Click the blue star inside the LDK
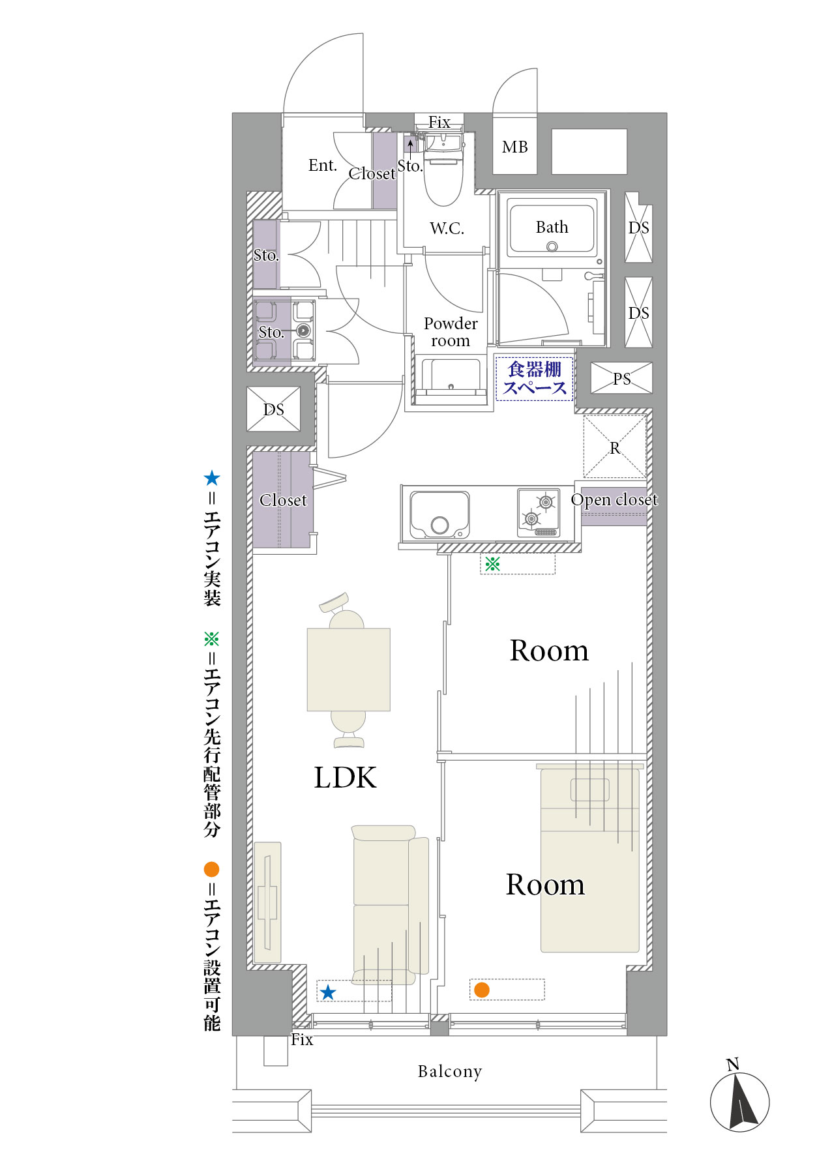328,992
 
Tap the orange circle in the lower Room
482,990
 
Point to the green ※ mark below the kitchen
492,563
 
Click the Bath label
552,227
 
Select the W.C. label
447,228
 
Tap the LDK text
345,777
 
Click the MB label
514,147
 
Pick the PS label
621,379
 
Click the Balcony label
450,1072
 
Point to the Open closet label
614,499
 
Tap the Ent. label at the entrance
323,165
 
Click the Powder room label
451,332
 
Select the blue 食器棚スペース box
534,378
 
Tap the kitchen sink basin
439,514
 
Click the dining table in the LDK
349,670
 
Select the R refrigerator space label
614,449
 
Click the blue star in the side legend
212,479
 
